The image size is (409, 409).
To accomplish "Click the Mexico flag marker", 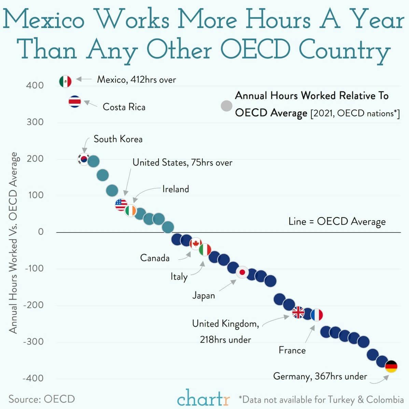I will point(65,81).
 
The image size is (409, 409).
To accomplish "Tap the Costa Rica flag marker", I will point(75,101).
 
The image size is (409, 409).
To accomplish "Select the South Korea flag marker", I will point(84,159).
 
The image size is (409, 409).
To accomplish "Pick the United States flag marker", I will point(121,204).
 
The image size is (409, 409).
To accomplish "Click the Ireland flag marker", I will point(130,211).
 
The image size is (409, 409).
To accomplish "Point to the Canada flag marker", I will point(196,243).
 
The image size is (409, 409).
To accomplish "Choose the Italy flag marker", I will point(205,250).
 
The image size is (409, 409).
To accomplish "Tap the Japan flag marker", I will point(242,272).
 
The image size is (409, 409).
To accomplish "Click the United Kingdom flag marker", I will point(298,312).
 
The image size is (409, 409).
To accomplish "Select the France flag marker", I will point(316,315).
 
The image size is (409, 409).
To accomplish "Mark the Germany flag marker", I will point(391,366).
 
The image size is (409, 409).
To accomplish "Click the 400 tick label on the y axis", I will point(35,85).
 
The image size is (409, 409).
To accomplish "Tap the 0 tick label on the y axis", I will point(41,232).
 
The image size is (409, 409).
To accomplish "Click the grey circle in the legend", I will point(226,106).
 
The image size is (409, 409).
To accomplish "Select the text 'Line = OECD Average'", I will point(337,221).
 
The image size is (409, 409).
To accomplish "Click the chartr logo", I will point(203,398).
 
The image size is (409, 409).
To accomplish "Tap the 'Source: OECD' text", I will point(42,399).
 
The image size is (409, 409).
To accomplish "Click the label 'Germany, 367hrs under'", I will point(320,376).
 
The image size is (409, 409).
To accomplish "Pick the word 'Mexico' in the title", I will point(43,20).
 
